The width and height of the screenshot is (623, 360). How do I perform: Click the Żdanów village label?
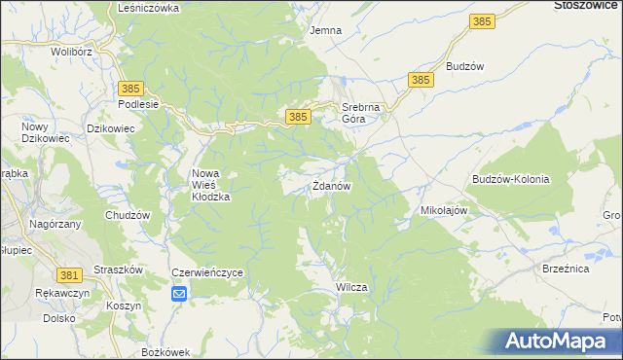[x=331, y=185]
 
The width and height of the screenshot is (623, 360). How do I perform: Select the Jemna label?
[x=325, y=30]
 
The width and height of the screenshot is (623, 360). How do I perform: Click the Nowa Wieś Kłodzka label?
[x=210, y=184]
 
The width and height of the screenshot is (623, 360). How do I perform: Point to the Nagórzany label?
[x=55, y=224]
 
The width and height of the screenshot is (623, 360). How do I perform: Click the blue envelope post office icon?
[x=179, y=293]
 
